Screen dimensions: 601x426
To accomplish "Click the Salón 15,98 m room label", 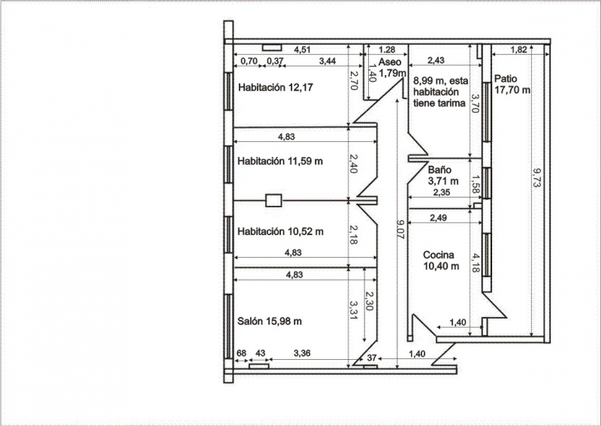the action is tap(270, 321).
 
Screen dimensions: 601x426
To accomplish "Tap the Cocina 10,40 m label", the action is tap(441, 261).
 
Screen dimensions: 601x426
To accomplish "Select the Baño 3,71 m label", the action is tap(442, 175).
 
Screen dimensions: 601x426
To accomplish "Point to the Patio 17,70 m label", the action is tap(512, 84).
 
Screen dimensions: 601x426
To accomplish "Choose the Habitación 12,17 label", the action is tap(275, 87).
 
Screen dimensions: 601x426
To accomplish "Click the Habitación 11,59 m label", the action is tap(280, 161).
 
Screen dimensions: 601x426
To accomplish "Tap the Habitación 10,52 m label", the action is tap(280, 231).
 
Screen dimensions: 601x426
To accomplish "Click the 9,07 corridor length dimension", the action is tap(401, 229).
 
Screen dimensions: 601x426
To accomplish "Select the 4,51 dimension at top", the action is tap(302, 50).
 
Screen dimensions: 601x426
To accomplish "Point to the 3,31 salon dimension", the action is tap(352, 310).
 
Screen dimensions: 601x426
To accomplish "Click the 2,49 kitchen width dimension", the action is tap(438, 218).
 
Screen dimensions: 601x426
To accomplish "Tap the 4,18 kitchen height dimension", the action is tap(475, 263).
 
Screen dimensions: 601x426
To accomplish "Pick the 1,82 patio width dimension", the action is tap(519, 50).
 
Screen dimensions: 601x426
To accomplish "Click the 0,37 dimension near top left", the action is tap(275, 61).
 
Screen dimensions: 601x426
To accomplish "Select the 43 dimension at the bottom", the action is tap(260, 353).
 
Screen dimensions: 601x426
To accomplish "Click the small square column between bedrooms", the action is tap(273, 201).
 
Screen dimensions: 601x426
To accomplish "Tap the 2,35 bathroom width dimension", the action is tap(441, 192).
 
